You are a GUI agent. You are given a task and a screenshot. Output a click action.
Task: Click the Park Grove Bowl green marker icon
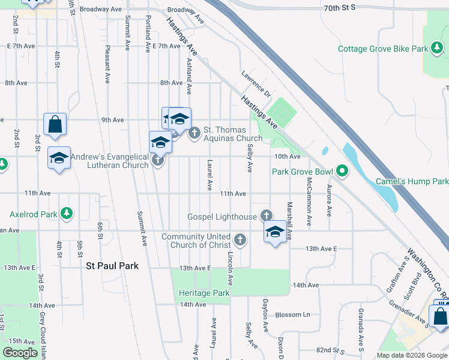click(342, 172)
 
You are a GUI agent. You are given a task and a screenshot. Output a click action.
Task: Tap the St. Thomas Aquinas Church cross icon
click(194, 133)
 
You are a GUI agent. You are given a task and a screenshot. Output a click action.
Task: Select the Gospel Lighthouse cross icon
click(267, 216)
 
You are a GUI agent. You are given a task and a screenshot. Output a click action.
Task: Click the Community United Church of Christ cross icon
click(240, 241)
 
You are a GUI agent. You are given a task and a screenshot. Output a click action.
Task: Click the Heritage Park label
click(204, 293)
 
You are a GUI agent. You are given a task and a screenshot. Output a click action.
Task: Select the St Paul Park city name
click(112, 266)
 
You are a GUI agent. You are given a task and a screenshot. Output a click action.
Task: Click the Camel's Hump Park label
click(412, 181)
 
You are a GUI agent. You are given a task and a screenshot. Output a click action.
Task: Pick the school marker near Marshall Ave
click(275, 232)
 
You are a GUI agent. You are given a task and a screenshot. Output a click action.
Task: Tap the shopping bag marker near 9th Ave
click(55, 124)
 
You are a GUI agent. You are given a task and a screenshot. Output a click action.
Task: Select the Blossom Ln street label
click(293, 314)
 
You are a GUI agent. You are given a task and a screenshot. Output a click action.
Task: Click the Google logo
click(20, 353)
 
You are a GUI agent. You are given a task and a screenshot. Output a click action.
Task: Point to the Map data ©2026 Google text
click(412, 355)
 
